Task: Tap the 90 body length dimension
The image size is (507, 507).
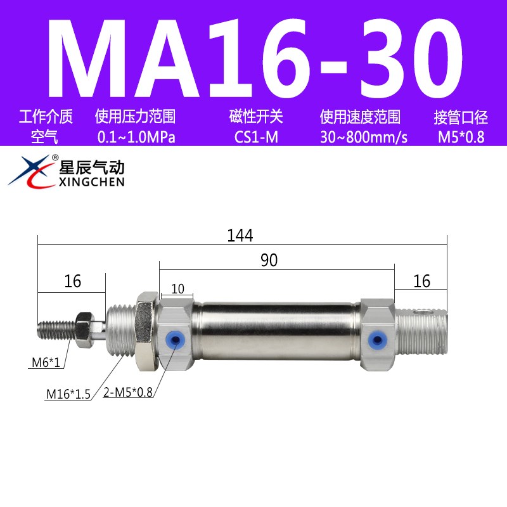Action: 268,260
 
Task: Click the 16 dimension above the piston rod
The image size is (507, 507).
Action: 73,281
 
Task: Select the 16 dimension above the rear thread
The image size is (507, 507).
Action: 421,281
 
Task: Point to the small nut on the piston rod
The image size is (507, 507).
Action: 83,328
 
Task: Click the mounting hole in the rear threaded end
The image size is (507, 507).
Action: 418,312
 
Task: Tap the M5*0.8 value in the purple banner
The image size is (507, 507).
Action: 460,137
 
